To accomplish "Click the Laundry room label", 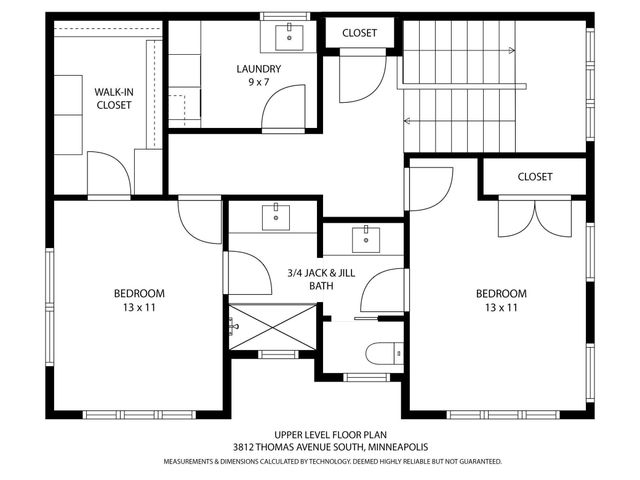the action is click(259, 69).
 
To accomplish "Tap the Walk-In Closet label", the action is click(114, 98).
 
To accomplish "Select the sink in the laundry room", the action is click(289, 38).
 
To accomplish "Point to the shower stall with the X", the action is click(272, 327).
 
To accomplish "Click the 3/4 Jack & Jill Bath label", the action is click(321, 279).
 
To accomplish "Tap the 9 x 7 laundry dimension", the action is click(259, 82).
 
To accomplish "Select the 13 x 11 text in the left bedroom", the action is click(139, 307).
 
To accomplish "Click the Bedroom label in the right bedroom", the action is click(501, 293).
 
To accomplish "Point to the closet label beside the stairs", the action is click(359, 33).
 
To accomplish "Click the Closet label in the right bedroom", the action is click(535, 177).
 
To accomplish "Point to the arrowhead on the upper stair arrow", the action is click(512, 51).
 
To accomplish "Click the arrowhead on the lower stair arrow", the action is click(407, 121).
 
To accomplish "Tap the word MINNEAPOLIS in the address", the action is click(398, 447).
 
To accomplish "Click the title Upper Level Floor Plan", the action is click(330, 435).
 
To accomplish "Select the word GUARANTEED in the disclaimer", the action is click(480, 462).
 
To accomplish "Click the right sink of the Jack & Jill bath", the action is click(366, 240).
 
